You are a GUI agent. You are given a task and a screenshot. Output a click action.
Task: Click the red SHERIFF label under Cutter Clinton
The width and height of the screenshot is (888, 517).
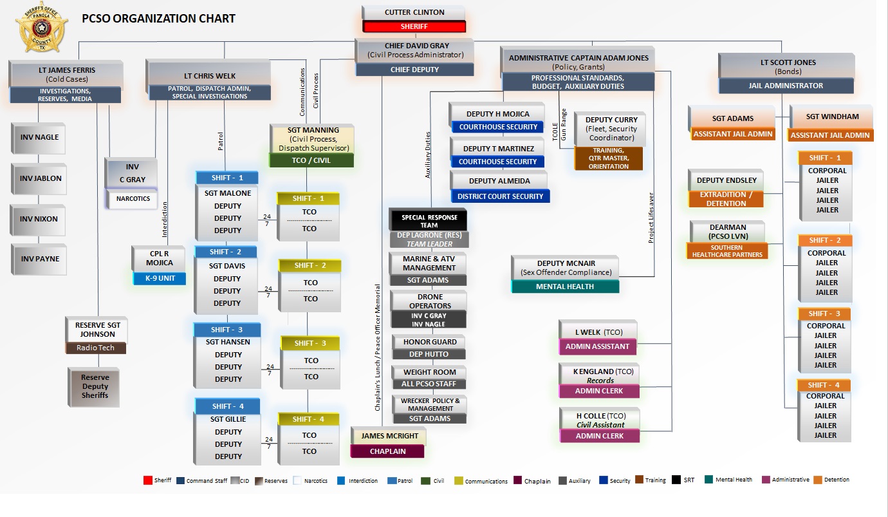414,27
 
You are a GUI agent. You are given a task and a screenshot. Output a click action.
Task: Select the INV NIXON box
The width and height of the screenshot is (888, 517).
39,219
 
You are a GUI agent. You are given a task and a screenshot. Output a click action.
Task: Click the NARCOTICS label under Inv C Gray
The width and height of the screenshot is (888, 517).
133,199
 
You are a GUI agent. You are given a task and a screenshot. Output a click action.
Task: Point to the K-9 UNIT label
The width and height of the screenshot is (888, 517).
159,279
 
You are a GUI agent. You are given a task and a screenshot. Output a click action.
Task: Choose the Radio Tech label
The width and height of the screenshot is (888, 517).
95,348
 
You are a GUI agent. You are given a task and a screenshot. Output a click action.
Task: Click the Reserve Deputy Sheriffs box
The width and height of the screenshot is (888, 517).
95,386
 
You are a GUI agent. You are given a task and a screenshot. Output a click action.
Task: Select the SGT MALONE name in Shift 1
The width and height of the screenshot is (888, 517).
228,193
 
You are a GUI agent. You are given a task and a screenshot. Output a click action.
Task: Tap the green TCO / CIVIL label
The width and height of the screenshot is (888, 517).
311,160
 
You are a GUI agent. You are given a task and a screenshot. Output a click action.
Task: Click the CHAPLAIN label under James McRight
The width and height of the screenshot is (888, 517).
387,451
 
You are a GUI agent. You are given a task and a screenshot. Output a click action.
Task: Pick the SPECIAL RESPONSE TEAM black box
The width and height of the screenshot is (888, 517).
429,221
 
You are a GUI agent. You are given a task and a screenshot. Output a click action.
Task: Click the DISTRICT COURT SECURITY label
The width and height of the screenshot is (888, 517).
501,196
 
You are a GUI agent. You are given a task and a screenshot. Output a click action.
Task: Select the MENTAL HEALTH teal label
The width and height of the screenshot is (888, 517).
565,287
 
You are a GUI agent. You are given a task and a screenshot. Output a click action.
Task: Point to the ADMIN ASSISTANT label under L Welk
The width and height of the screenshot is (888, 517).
598,346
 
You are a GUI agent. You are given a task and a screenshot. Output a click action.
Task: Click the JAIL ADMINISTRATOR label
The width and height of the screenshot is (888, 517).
786,86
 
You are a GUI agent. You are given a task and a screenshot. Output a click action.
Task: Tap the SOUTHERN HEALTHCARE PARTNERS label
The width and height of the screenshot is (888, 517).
727,251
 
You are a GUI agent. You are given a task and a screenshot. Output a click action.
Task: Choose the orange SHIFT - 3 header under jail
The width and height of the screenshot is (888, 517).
824,314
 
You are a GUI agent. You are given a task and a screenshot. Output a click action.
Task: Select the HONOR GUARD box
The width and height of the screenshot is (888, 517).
430,342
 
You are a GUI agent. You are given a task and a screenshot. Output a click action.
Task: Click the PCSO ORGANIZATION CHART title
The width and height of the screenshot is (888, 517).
158,19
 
